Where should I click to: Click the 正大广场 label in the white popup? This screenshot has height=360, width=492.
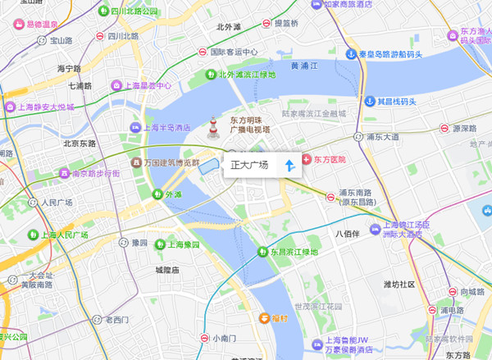point(249,166)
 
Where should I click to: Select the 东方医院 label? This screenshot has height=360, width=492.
point(330,158)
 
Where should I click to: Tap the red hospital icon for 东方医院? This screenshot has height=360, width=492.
point(307,158)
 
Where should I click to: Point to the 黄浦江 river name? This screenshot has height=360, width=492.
point(305,66)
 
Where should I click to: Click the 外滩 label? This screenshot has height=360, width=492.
point(174,194)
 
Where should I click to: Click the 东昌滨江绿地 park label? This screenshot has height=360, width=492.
point(294,252)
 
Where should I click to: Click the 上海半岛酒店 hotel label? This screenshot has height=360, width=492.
point(167,127)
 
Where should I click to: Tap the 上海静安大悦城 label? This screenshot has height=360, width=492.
point(46,107)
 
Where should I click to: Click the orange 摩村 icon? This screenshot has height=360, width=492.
point(265,317)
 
